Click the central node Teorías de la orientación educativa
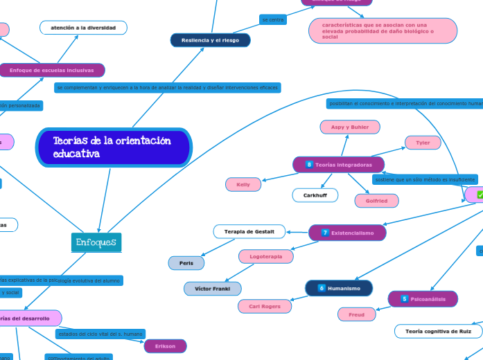(112, 147)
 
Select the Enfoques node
(96, 242)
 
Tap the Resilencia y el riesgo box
(210, 41)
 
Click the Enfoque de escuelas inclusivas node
(52, 70)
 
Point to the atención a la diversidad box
(84, 28)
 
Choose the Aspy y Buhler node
(349, 127)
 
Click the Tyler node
(423, 143)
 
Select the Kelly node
(243, 184)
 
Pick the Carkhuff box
(315, 195)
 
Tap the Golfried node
(377, 201)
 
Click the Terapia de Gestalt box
(249, 231)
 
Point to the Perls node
(186, 263)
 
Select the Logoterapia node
(265, 256)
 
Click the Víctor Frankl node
(213, 288)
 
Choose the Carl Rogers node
(265, 305)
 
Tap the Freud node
(356, 314)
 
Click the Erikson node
(166, 345)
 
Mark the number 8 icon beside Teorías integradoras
(309, 164)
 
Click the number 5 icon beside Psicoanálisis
(404, 299)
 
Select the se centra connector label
(273, 19)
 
